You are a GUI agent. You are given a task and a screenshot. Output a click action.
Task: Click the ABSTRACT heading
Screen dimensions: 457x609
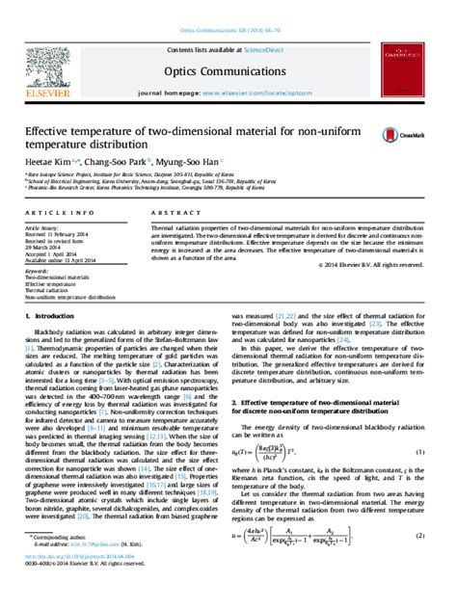point(172,211)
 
